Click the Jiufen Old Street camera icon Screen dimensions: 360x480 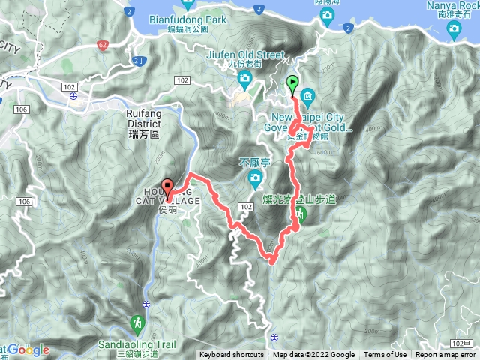tap(245, 78)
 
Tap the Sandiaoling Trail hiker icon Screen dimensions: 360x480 tap(138, 324)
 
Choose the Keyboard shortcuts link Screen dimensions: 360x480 tap(232, 355)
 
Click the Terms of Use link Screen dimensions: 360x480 tap(385, 355)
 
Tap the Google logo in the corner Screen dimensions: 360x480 tap(28, 349)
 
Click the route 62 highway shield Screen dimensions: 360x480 tap(102, 46)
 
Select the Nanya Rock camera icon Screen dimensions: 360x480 tap(453, 28)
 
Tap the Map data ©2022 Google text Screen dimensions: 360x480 tap(313, 355)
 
